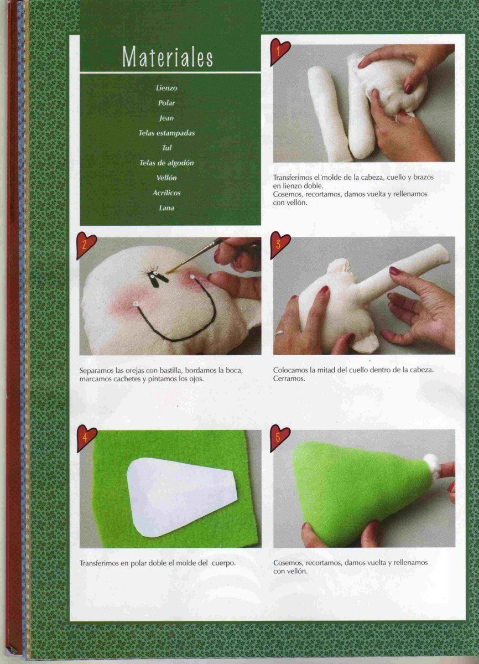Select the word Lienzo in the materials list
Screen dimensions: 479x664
pos(166,88)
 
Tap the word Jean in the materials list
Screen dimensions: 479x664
pos(166,118)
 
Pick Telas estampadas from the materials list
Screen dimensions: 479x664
pos(166,133)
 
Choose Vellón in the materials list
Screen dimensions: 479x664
pos(166,178)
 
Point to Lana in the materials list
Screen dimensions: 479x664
pos(166,208)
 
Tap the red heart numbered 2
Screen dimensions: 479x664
pos(86,246)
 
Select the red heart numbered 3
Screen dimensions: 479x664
pos(279,245)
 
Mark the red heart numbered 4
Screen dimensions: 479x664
pos(86,438)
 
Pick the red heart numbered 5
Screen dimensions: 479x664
pos(279,438)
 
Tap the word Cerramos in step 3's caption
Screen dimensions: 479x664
pos(289,378)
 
